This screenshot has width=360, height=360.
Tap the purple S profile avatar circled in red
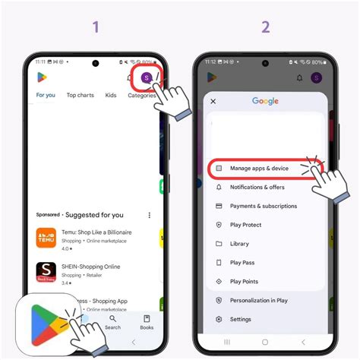click(x=147, y=77)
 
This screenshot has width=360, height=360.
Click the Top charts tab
click(x=80, y=95)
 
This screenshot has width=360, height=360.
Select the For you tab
click(x=46, y=95)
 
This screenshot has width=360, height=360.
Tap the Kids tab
click(x=111, y=95)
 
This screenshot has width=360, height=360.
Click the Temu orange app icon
click(x=46, y=238)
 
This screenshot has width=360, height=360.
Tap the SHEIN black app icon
click(x=46, y=271)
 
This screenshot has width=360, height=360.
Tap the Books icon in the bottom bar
click(x=147, y=323)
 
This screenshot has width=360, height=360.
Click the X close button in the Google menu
click(x=213, y=101)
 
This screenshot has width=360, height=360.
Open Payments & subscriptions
click(x=263, y=206)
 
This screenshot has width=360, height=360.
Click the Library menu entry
click(x=239, y=244)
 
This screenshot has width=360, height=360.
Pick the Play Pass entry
click(x=243, y=263)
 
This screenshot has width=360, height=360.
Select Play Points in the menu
click(x=245, y=282)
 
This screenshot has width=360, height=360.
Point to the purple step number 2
click(x=265, y=27)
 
